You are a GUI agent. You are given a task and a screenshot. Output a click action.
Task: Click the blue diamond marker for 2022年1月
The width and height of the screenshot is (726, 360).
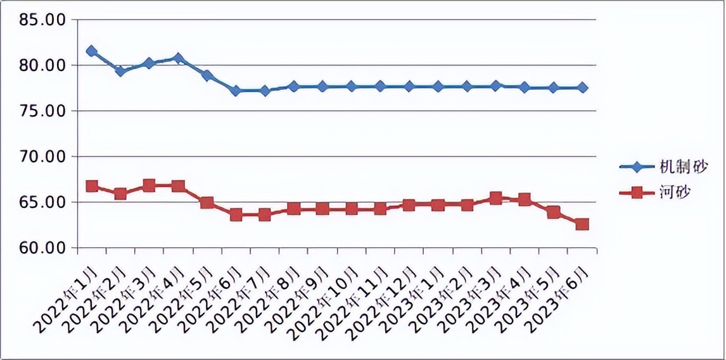[x=92, y=51]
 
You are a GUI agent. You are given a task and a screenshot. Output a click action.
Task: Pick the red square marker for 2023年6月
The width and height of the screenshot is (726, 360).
[x=582, y=224]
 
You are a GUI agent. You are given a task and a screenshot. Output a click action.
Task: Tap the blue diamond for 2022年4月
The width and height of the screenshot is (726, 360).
[x=178, y=58]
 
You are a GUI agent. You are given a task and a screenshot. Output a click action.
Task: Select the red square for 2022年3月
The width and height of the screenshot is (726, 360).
[x=150, y=186]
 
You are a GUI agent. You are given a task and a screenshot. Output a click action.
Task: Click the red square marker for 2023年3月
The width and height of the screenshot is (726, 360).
[x=495, y=198]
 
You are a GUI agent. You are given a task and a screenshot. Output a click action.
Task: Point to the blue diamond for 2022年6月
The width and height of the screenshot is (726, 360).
[x=236, y=91]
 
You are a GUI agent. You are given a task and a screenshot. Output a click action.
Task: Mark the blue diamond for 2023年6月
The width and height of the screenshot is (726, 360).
[x=582, y=87]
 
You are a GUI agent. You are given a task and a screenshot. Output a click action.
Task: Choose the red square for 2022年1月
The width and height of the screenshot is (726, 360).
[x=92, y=186]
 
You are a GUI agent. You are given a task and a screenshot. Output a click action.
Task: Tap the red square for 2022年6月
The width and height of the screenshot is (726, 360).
[x=236, y=215]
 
